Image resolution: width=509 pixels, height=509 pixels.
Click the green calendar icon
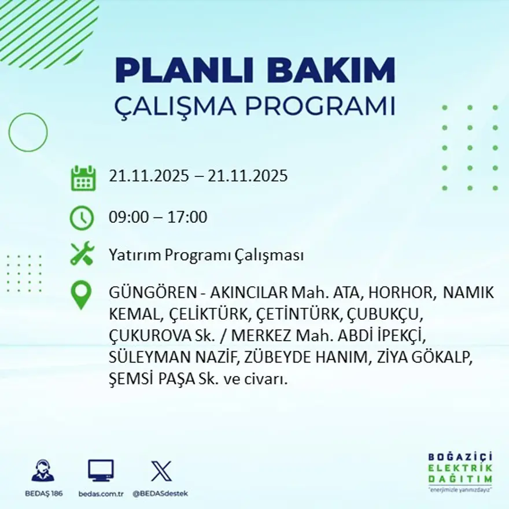[x=83, y=178]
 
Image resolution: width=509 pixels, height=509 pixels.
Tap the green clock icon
[x=82, y=218]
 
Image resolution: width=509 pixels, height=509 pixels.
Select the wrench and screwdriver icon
[x=82, y=254]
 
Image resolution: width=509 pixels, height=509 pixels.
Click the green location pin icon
[x=81, y=294]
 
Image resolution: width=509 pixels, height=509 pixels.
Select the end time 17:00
[x=187, y=217]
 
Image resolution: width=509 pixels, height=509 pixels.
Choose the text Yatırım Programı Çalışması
[x=206, y=255]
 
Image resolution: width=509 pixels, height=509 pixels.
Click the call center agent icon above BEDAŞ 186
[x=43, y=471]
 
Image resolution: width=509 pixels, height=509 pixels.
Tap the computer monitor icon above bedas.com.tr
[x=101, y=471]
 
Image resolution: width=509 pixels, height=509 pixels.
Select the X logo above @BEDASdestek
[x=160, y=471]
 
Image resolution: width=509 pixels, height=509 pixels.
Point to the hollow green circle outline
[x=28, y=132]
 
